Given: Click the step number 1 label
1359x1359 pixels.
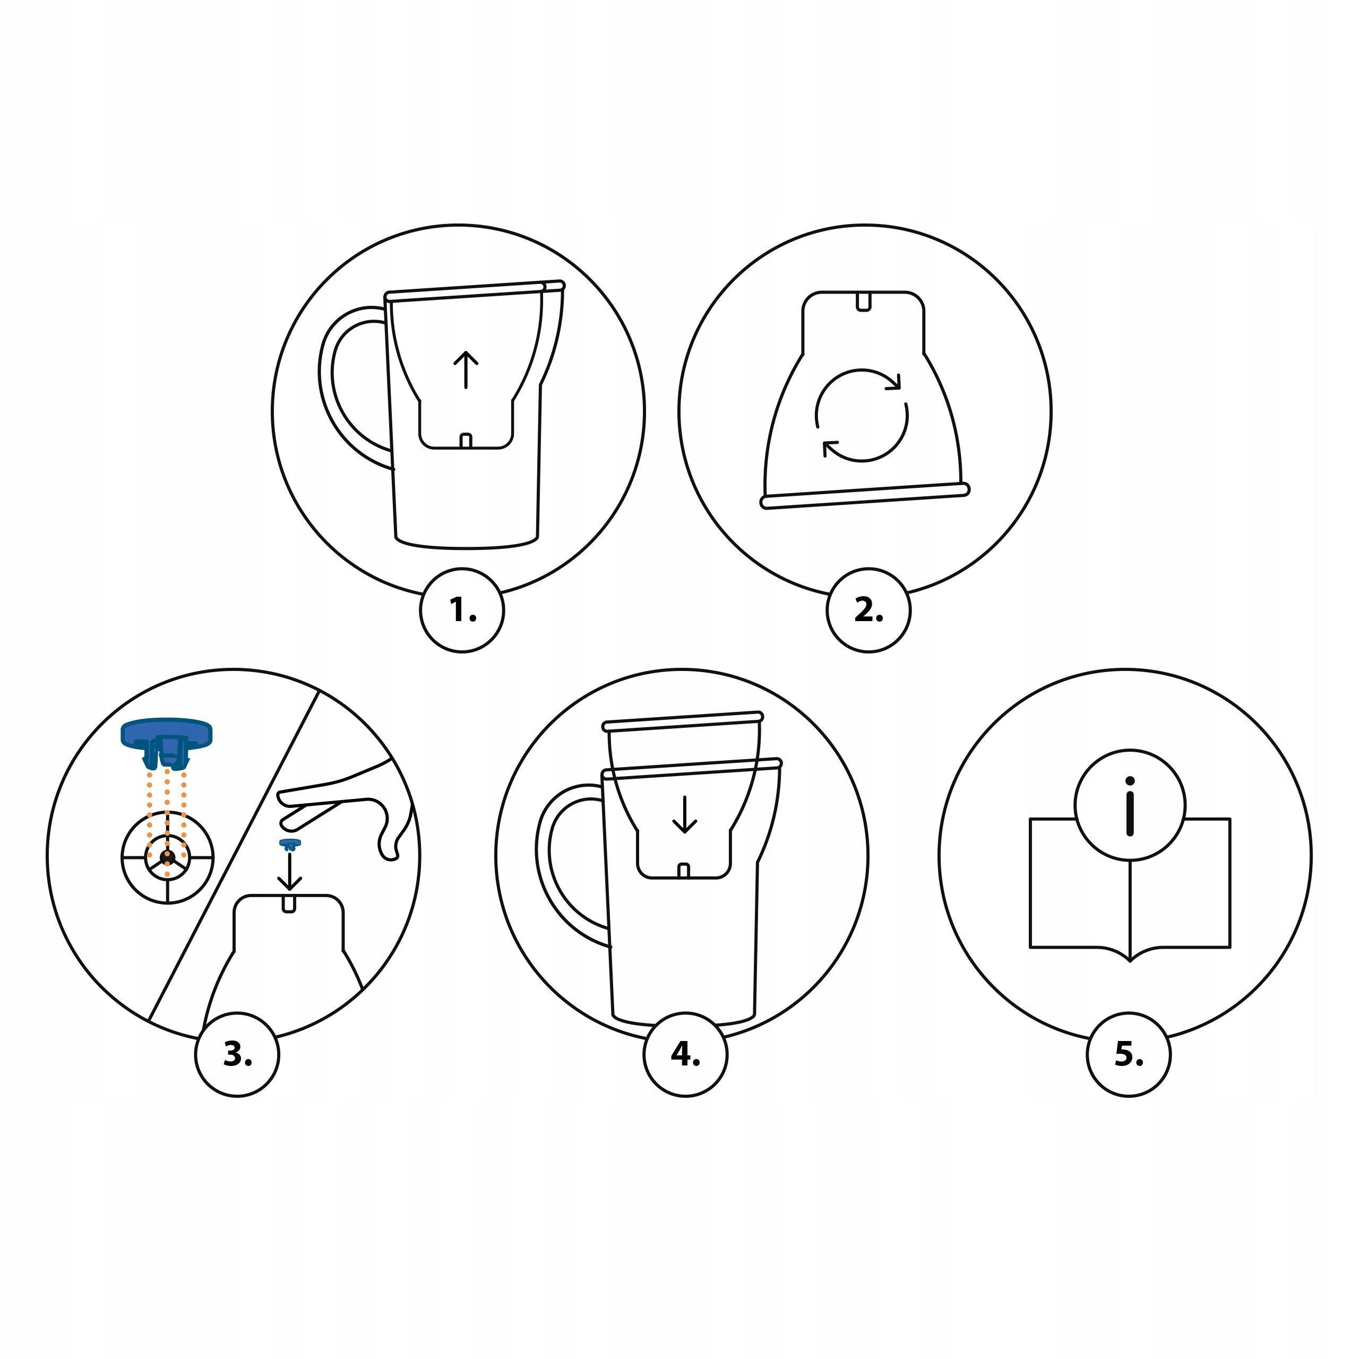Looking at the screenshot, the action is [463, 611].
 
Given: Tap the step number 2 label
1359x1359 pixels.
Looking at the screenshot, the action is [868, 611].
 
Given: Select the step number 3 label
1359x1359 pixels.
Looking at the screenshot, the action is [237, 1055].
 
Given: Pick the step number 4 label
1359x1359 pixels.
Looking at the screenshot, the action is [685, 1055].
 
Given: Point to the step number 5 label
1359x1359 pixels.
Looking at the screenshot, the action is [1129, 1055].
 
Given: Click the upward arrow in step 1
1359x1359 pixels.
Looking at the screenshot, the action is [466, 371].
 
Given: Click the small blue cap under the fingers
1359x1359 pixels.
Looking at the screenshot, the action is [290, 844].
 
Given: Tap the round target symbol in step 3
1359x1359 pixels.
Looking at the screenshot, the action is [167, 857].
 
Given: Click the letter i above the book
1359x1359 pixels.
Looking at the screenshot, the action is [1130, 807].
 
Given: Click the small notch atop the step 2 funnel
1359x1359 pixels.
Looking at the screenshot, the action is [863, 302].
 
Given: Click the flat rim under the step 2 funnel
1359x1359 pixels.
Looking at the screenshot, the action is [865, 495].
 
